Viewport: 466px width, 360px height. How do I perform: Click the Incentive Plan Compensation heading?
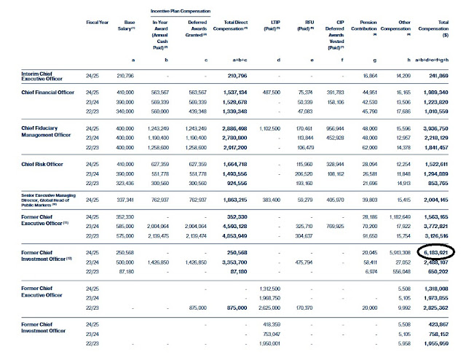(x=179, y=12)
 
